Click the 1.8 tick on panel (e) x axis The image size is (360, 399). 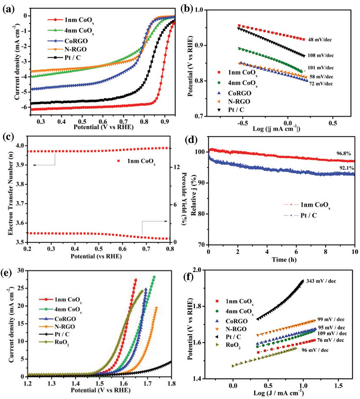(171, 381)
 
